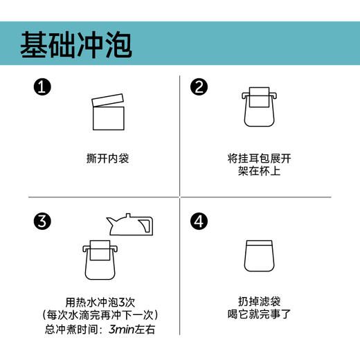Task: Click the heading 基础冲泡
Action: (76, 44)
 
